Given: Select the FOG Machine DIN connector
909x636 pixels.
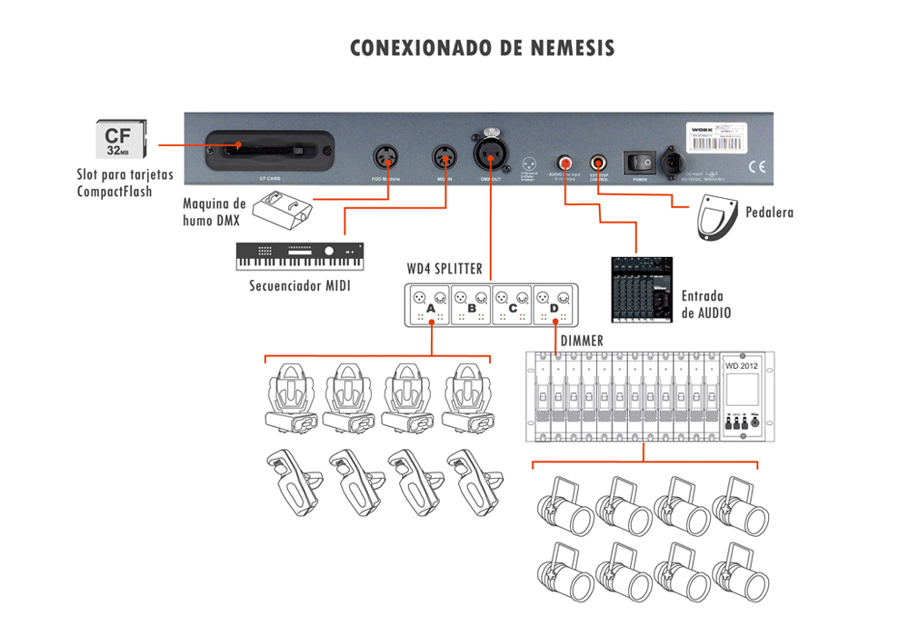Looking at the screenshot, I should click(x=385, y=157).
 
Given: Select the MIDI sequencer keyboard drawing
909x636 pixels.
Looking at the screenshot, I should click(x=299, y=255).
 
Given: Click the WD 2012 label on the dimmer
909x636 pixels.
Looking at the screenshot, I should click(x=741, y=365).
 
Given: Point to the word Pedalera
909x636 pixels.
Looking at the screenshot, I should click(x=769, y=213).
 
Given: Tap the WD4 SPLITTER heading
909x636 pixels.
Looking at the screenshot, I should click(x=445, y=270).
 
